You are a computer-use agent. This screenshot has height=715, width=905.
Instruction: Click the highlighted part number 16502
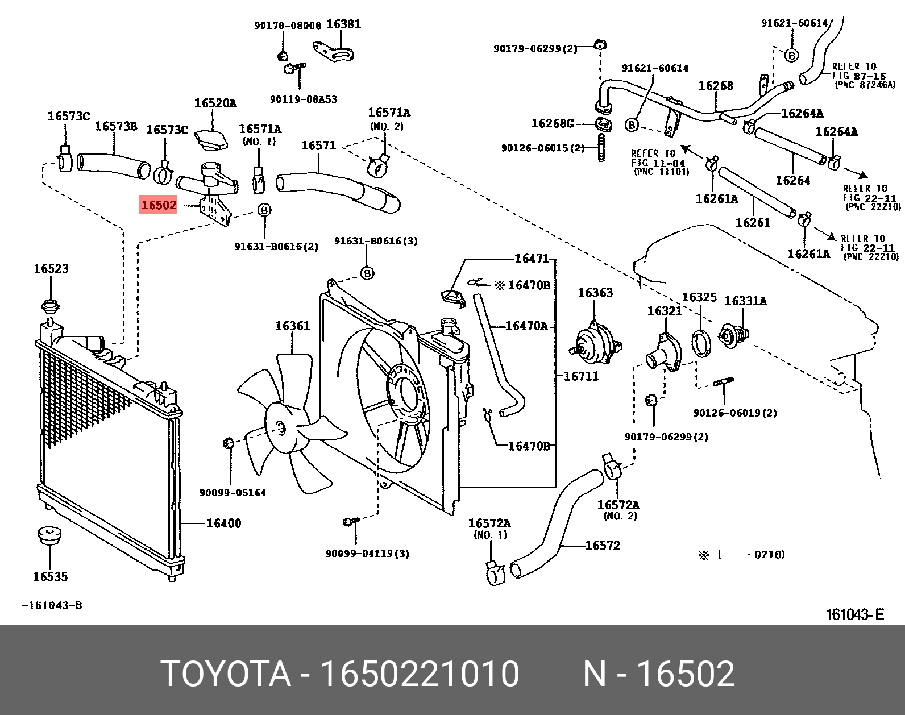[x=159, y=205]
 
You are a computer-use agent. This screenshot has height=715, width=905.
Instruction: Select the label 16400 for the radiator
[x=223, y=523]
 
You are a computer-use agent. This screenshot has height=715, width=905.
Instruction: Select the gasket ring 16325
[x=701, y=343]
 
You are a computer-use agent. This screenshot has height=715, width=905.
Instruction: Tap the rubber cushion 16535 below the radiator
[x=49, y=535]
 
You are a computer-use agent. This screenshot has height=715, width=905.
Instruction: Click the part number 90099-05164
[x=233, y=493]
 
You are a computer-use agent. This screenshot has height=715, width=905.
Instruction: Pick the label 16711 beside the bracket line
[x=581, y=376]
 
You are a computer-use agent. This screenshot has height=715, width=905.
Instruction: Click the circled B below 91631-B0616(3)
[x=367, y=273]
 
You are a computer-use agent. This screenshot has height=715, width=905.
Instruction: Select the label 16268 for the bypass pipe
[x=716, y=85]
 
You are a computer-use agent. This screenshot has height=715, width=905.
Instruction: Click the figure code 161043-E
[x=854, y=614]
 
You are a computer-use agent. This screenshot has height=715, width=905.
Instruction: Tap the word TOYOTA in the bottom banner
[x=226, y=674]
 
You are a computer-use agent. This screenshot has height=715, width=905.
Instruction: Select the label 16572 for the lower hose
[x=603, y=545]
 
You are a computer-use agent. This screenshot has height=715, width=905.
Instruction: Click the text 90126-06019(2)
[x=734, y=413]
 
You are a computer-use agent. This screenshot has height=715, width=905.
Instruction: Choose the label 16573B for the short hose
[x=115, y=126]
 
